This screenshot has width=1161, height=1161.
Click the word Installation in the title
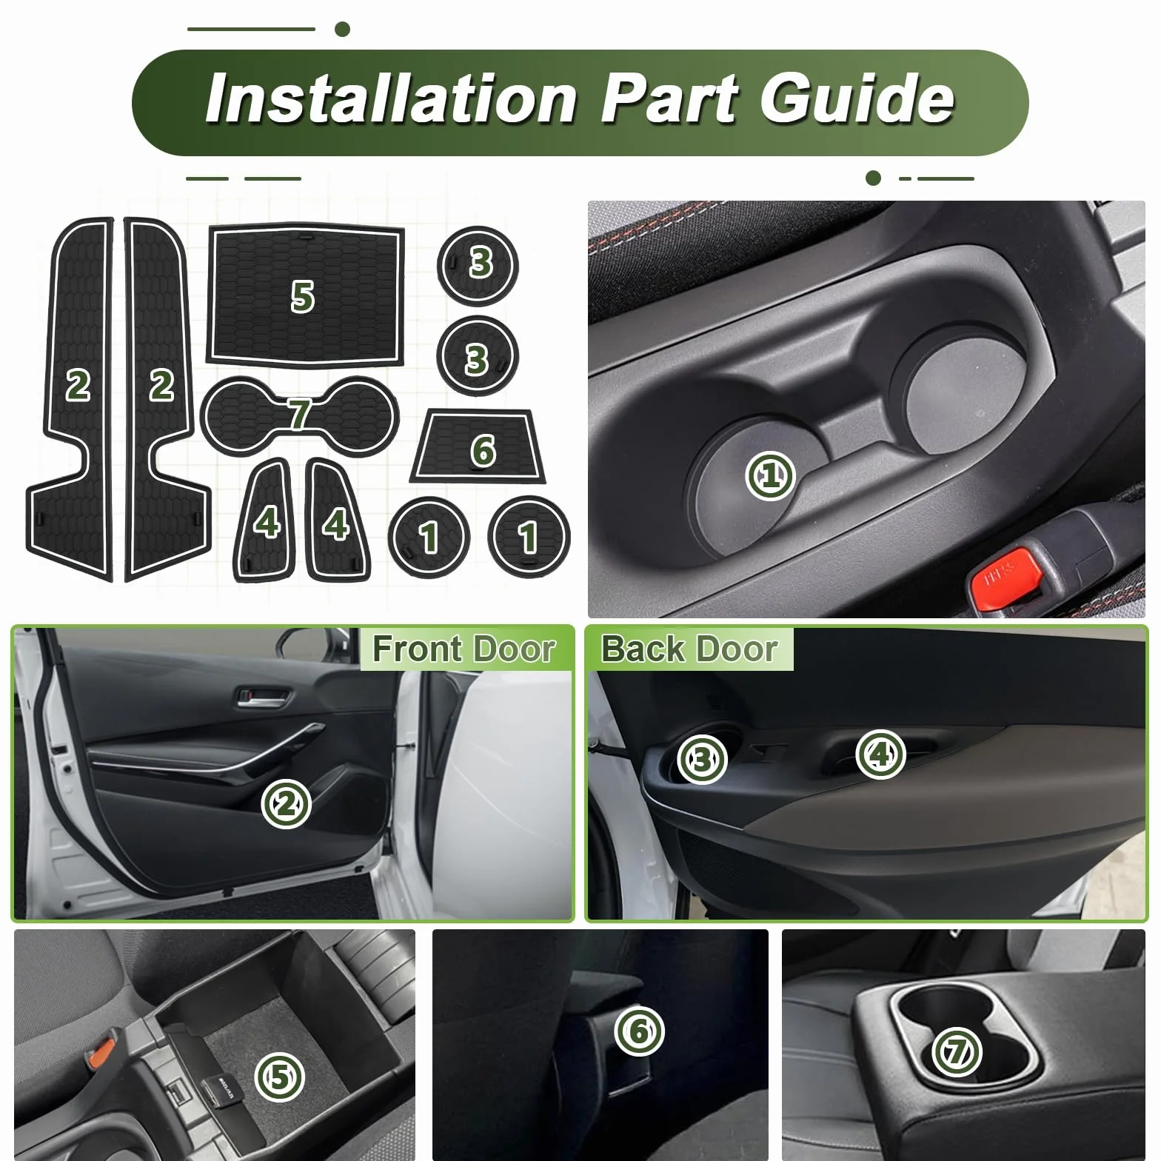tap(391, 99)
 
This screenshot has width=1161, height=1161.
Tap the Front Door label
tap(464, 649)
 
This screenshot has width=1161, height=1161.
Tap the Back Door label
tap(689, 649)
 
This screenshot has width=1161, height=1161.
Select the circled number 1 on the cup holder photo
tap(770, 475)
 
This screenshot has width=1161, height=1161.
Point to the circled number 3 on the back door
tap(702, 758)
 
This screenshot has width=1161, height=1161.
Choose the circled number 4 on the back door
tap(880, 754)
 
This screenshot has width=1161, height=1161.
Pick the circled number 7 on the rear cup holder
tap(957, 1051)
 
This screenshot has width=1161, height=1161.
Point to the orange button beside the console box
tap(103, 1051)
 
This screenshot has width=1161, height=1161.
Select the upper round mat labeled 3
tap(478, 266)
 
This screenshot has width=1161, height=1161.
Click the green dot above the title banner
tap(342, 29)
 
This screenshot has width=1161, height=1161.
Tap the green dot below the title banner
tap(873, 178)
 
